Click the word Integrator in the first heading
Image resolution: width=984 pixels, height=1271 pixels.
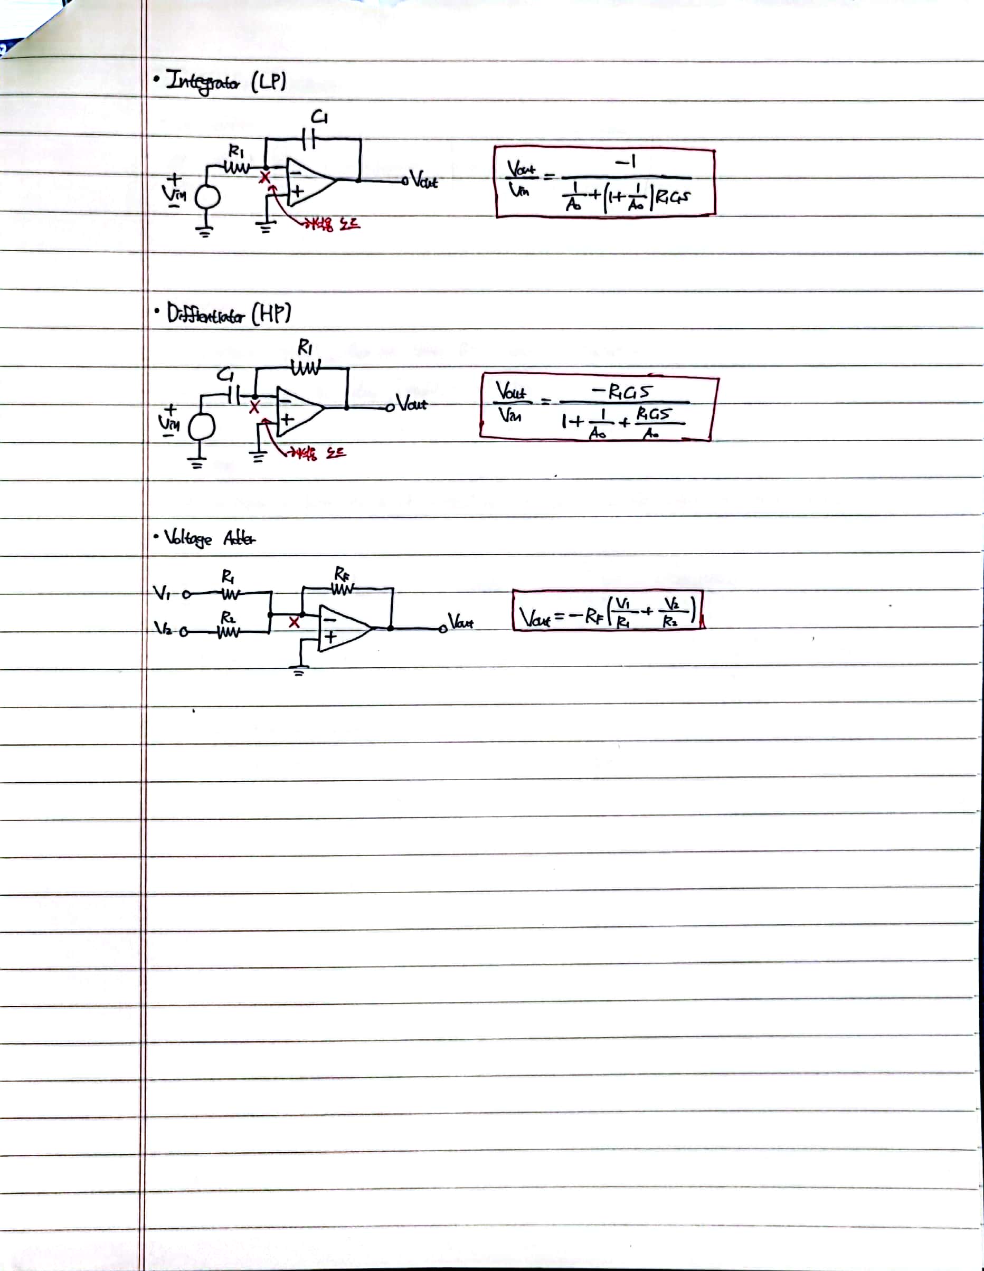pos(203,81)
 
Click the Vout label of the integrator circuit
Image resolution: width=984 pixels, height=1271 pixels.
pos(423,180)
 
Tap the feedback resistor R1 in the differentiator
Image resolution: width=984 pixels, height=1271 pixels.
pos(305,368)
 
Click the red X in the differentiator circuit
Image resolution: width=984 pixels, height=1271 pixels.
pos(254,407)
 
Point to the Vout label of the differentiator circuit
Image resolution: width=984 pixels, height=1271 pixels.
pos(411,404)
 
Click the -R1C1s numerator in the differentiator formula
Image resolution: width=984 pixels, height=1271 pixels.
pos(622,392)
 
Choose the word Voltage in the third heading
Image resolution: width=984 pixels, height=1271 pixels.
pos(188,538)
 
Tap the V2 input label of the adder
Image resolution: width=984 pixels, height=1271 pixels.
pos(163,629)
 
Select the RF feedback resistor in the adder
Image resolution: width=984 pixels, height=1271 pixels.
pos(342,589)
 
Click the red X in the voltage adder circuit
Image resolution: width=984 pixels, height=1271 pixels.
pos(295,623)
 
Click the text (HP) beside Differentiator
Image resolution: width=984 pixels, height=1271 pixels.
pos(271,315)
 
